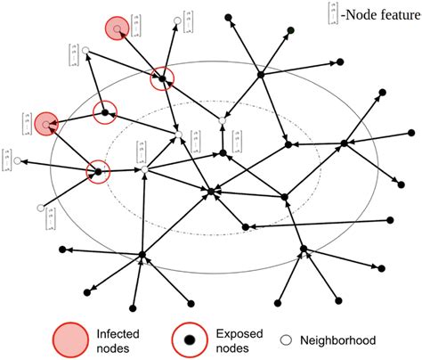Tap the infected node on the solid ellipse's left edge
coord(45,120)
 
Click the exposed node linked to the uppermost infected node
coord(163,79)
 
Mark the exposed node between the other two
coord(105,113)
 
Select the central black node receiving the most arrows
coord(211,191)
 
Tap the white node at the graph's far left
coord(17,161)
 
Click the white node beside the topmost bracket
coord(178,19)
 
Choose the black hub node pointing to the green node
coord(260,75)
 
